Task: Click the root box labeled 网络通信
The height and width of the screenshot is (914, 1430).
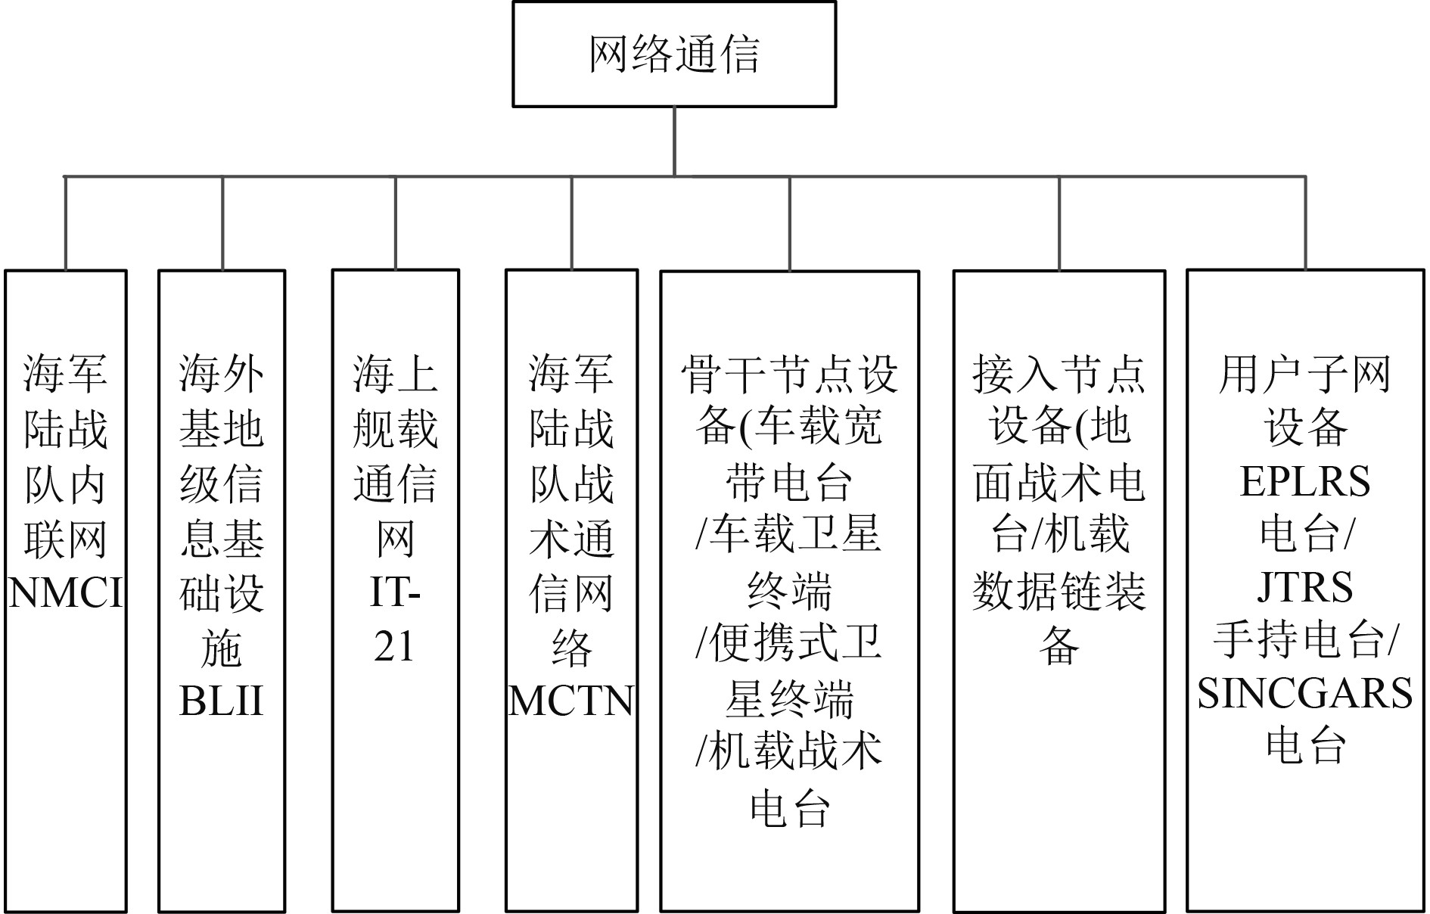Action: click(x=673, y=54)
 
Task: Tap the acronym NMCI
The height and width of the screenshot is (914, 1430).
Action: click(x=66, y=592)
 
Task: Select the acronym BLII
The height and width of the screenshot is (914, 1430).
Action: click(x=221, y=701)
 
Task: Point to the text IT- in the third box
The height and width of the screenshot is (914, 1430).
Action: click(x=395, y=592)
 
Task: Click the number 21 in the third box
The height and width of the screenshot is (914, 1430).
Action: click(x=395, y=646)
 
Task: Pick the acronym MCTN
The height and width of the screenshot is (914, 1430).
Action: click(x=571, y=701)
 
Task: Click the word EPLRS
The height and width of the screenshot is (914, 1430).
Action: click(x=1305, y=481)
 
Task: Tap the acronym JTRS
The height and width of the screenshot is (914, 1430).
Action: click(x=1305, y=587)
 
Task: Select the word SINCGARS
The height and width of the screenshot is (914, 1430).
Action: click(x=1305, y=693)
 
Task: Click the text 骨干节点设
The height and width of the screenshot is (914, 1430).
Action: click(x=789, y=374)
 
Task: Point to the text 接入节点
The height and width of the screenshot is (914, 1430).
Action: click(x=1059, y=374)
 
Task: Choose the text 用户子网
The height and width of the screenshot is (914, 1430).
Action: click(x=1305, y=374)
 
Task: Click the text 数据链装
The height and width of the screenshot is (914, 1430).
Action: click(x=1059, y=591)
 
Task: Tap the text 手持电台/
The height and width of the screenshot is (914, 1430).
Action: click(x=1305, y=640)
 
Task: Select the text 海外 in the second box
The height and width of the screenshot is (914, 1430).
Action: click(x=221, y=374)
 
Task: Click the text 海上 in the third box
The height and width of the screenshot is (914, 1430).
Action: click(x=395, y=374)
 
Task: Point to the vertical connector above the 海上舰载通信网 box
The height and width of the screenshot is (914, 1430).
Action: click(x=396, y=223)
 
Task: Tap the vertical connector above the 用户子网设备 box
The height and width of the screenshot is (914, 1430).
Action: click(x=1305, y=223)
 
